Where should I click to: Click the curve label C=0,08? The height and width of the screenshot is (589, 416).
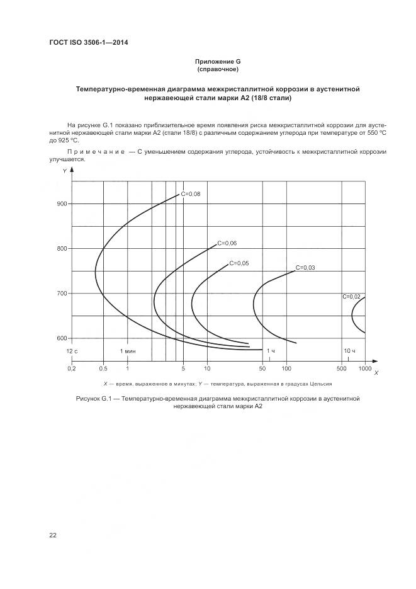(191, 194)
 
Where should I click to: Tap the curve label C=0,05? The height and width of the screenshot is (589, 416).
(239, 263)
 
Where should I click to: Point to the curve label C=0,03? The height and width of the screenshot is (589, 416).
(305, 268)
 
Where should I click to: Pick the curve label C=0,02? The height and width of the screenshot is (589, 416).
(351, 296)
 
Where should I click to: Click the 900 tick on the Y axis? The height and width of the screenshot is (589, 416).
(61, 203)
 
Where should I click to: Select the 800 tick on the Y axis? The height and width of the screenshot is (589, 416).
(61, 249)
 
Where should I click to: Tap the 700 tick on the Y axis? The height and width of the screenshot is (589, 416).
(61, 294)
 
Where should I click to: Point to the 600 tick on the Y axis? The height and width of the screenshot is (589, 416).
(61, 338)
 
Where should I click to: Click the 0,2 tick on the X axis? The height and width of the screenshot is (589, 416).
(72, 368)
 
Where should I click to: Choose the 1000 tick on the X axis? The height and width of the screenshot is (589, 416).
(365, 368)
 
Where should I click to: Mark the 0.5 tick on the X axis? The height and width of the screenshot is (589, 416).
(103, 368)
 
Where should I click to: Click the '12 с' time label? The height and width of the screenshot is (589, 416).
(72, 350)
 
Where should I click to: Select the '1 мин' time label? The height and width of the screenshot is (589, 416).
(128, 350)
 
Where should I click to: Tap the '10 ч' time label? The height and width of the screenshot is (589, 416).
(350, 350)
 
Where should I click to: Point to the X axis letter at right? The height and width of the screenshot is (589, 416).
(376, 374)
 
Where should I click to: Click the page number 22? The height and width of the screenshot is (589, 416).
(53, 535)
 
